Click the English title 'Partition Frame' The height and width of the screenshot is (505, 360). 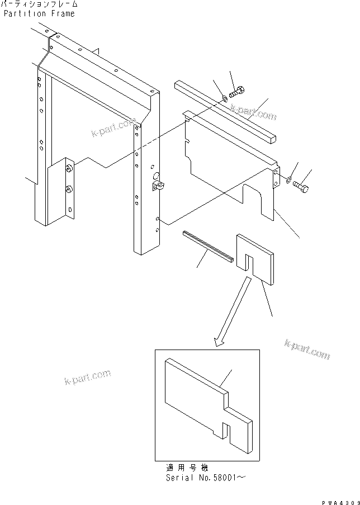click(39, 13)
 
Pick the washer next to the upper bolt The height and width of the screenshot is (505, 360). click(224, 98)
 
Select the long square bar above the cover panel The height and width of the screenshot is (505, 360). click(224, 112)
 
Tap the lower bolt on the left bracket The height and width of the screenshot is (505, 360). click(68, 190)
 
